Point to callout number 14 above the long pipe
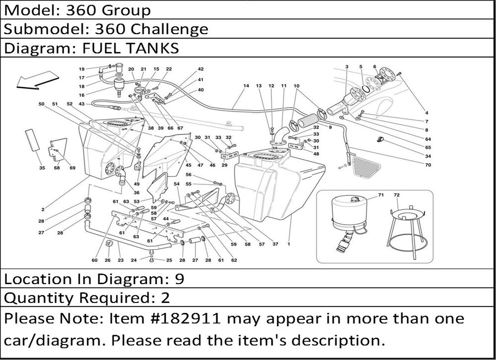246,86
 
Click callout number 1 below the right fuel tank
288,244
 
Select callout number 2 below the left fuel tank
43,209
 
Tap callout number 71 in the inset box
381,195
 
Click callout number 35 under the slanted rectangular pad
42,168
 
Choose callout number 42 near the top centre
200,69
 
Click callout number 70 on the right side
428,165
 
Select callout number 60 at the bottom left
94,260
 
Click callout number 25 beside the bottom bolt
169,260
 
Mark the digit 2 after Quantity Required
165,298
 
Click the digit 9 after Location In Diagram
180,279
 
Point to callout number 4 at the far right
426,112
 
